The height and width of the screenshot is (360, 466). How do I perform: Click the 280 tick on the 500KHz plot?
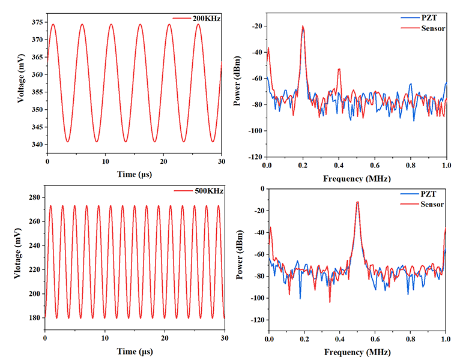pyautogui.click(x=36, y=197)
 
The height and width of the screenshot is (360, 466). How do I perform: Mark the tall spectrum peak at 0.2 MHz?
pyautogui.click(x=303, y=26)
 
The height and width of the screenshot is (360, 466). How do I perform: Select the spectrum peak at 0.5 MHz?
pyautogui.click(x=357, y=202)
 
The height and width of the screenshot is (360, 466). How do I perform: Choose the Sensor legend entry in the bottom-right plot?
pyautogui.click(x=428, y=205)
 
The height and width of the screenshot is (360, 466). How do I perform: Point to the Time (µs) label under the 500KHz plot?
pyautogui.click(x=134, y=350)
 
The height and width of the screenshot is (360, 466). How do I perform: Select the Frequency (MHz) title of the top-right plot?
pyautogui.click(x=357, y=179)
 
